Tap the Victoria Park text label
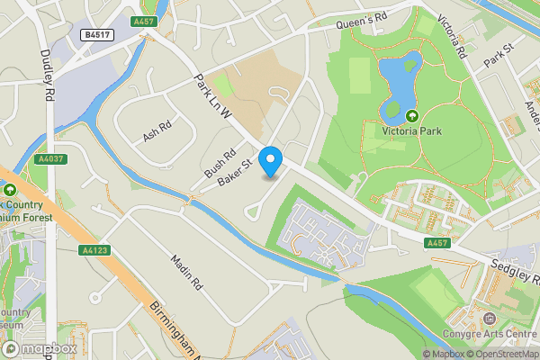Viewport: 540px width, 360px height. click(413, 131)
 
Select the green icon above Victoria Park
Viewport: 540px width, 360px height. click(412, 115)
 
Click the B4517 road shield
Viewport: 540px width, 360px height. click(95, 34)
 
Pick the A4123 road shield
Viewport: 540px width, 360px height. click(93, 250)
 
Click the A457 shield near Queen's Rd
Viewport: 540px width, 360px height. click(143, 21)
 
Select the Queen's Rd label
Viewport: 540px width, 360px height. click(360, 19)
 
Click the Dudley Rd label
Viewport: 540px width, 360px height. click(48, 67)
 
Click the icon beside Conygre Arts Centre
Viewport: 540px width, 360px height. click(489, 319)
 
